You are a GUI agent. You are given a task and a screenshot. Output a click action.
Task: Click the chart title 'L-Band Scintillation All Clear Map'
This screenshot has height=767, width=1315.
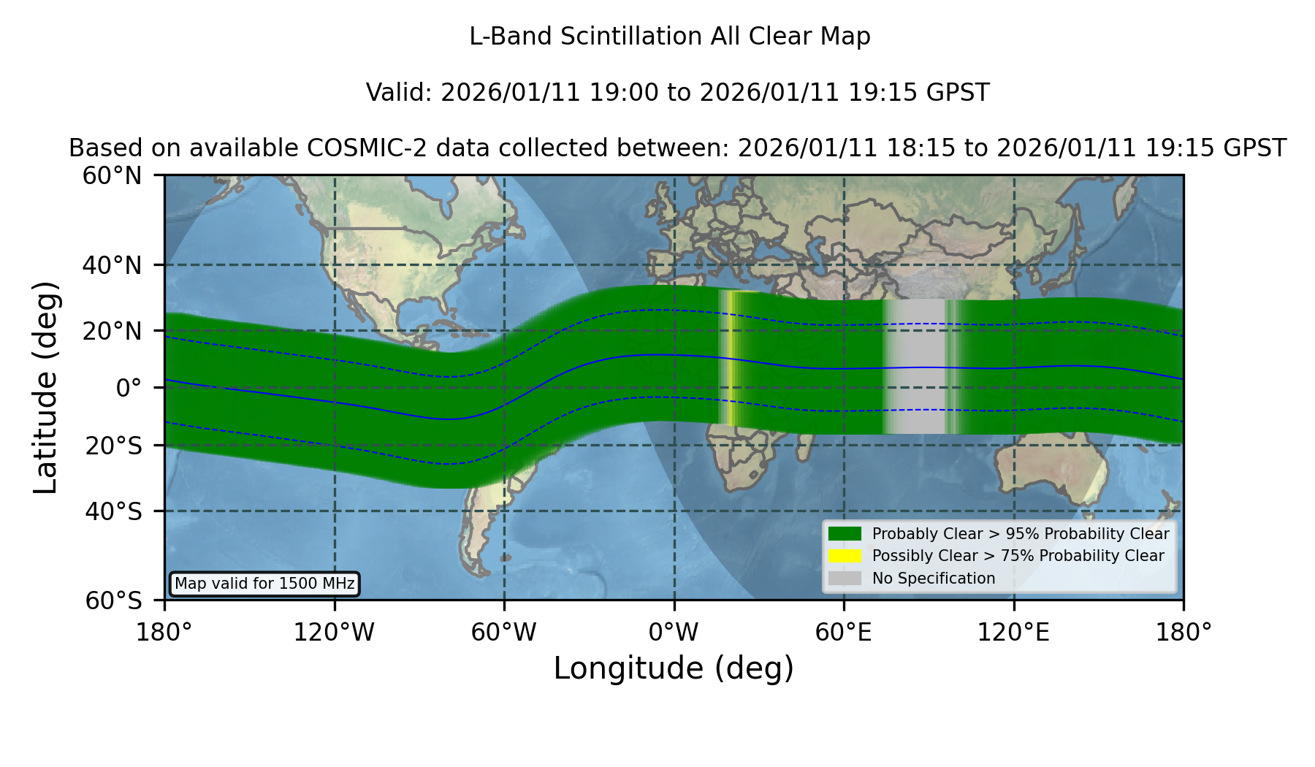670,37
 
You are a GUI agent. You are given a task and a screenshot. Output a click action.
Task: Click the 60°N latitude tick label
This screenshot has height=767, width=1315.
112,175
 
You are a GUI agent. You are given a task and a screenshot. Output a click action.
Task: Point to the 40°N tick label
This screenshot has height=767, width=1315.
112,265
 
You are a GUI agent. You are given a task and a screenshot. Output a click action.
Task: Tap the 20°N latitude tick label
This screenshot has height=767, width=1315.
112,331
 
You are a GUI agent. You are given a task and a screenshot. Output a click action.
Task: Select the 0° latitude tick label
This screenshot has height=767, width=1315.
129,388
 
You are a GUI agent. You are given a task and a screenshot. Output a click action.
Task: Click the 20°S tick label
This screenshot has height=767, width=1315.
113,446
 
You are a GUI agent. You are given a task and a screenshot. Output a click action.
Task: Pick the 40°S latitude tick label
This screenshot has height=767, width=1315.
113,511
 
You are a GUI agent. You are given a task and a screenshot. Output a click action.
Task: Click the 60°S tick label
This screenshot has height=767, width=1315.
113,600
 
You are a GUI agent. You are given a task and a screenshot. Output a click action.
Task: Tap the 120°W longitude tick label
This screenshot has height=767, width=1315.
334,632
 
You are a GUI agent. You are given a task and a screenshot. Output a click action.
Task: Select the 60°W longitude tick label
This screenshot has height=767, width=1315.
504,632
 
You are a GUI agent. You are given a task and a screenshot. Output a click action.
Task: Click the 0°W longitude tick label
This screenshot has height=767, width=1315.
674,632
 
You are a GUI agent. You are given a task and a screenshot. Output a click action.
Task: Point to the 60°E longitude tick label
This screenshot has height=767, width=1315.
844,632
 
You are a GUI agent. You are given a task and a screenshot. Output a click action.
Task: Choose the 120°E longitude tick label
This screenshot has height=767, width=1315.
1013,632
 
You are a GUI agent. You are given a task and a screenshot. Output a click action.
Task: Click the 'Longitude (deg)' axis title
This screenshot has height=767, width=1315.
674,668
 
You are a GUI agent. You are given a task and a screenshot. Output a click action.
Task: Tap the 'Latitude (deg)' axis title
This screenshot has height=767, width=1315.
45,387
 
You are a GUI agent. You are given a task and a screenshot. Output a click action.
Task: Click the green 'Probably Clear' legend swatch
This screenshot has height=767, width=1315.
845,534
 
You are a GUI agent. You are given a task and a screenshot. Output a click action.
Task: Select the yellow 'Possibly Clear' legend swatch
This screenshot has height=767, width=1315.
845,556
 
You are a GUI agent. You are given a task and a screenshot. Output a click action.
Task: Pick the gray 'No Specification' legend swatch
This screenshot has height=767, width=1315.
845,579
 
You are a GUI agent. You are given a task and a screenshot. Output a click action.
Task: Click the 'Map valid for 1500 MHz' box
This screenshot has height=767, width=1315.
264,584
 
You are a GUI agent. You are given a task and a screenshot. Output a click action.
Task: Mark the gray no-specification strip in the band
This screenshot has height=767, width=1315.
917,367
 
